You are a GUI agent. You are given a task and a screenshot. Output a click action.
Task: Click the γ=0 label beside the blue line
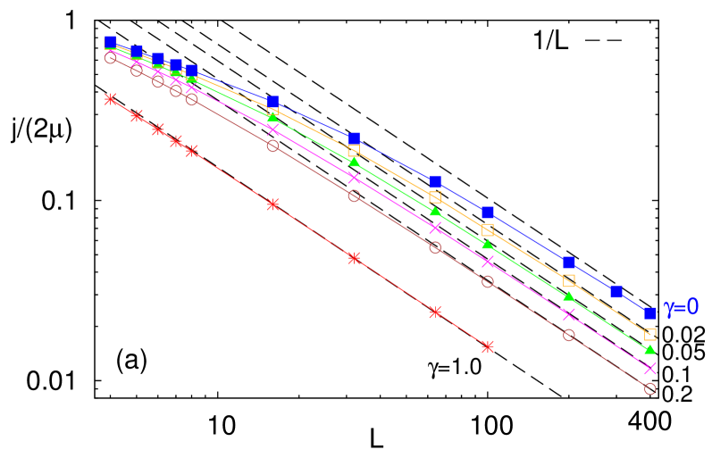click(x=681, y=307)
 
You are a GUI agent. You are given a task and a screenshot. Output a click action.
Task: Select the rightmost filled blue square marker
click(x=650, y=312)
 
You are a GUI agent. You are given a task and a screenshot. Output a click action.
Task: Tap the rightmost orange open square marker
click(x=650, y=335)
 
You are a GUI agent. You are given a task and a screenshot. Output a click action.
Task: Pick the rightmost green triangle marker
click(x=650, y=349)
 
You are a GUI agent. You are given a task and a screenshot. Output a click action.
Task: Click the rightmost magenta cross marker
click(x=650, y=368)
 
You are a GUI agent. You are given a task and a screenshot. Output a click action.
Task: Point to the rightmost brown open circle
click(x=650, y=388)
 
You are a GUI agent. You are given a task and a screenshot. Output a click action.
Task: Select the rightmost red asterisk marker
click(x=488, y=346)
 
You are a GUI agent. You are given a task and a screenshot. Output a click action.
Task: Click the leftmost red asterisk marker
click(x=111, y=99)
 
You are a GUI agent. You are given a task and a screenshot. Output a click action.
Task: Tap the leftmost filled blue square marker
click(x=111, y=42)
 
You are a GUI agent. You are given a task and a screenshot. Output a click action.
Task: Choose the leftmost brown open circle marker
click(x=111, y=58)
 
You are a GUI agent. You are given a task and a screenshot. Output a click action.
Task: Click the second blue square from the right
click(x=616, y=292)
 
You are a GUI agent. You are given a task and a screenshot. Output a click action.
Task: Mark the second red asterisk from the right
click(x=435, y=312)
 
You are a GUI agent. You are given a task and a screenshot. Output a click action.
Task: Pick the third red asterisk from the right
click(x=354, y=258)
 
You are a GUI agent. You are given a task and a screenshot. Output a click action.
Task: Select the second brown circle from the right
click(x=569, y=335)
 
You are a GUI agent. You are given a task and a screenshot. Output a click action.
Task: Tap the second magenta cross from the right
click(x=569, y=314)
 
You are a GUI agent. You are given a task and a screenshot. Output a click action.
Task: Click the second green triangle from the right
click(x=569, y=296)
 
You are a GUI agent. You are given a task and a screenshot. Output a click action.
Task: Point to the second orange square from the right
click(x=569, y=280)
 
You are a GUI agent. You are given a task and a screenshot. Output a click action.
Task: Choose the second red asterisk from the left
click(x=137, y=115)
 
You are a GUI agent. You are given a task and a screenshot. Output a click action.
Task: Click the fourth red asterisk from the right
click(x=272, y=204)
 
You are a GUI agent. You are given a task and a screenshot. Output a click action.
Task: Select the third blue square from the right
click(x=569, y=262)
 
